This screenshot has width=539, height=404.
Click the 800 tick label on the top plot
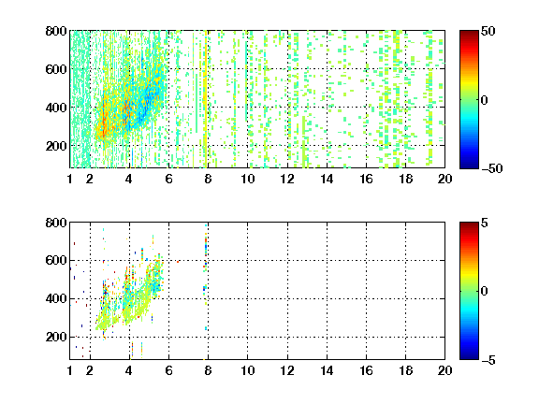pyautogui.click(x=56, y=31)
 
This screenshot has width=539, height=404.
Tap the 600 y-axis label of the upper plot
pyautogui.click(x=56, y=69)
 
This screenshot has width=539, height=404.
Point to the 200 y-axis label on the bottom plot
pyautogui.click(x=56, y=337)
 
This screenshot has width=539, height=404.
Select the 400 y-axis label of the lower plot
pyautogui.click(x=56, y=298)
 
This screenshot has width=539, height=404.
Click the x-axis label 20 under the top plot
pyautogui.click(x=444, y=179)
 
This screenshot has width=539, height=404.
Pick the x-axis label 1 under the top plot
pyautogui.click(x=70, y=179)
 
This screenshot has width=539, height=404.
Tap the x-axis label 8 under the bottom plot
pyautogui.click(x=208, y=370)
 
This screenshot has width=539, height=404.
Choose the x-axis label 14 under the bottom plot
pyautogui.click(x=327, y=370)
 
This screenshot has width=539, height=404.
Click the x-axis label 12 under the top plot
pyautogui.click(x=287, y=179)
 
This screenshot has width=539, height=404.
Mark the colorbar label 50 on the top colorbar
pyautogui.click(x=488, y=32)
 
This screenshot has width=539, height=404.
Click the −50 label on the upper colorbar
pyautogui.click(x=492, y=168)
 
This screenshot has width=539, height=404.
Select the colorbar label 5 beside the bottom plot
pyautogui.click(x=485, y=223)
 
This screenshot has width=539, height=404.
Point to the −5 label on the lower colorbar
pyautogui.click(x=488, y=360)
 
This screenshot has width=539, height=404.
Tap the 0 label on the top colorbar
pyautogui.click(x=485, y=100)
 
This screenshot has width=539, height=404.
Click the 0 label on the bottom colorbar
pyautogui.click(x=485, y=292)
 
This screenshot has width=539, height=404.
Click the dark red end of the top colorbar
pyautogui.click(x=469, y=33)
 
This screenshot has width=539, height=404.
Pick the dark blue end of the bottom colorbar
pyautogui.click(x=469, y=357)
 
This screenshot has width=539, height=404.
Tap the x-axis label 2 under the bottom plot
pyautogui.click(x=90, y=370)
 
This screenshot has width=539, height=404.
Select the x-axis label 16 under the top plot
pyautogui.click(x=366, y=179)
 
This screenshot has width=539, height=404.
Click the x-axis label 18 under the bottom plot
pyautogui.click(x=405, y=370)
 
